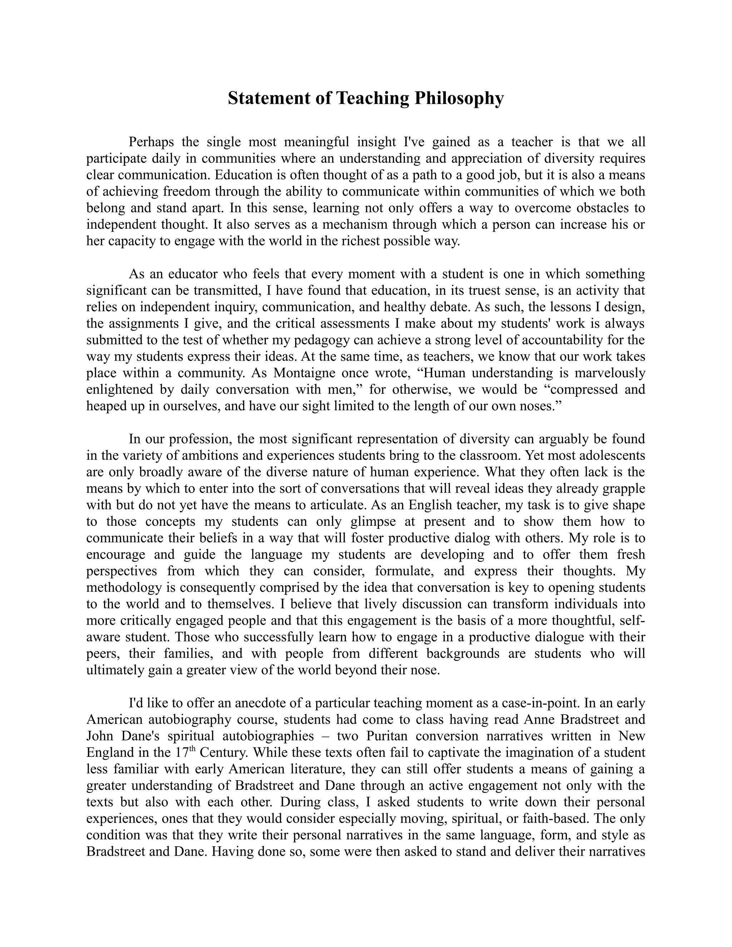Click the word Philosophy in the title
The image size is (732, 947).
(x=459, y=99)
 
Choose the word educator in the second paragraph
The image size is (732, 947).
(x=192, y=274)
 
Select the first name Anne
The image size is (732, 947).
(x=539, y=719)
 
